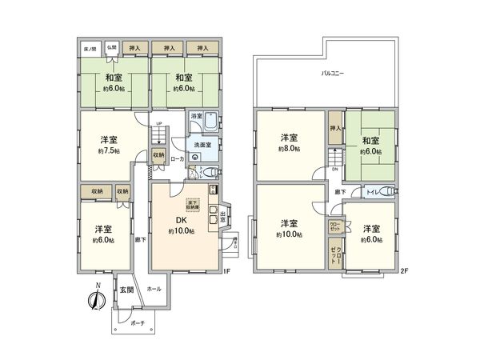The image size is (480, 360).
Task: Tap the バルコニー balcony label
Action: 333,73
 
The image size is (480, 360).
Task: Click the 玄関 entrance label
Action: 126,290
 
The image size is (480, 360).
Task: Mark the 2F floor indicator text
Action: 403,271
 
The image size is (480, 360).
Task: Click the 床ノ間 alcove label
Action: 90,49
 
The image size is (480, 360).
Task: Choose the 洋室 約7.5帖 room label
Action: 110,144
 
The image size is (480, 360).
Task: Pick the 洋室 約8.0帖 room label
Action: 289,143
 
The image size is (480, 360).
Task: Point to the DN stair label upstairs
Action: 335,170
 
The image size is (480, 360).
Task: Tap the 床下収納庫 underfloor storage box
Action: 193,203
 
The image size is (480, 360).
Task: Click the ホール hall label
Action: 154,288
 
